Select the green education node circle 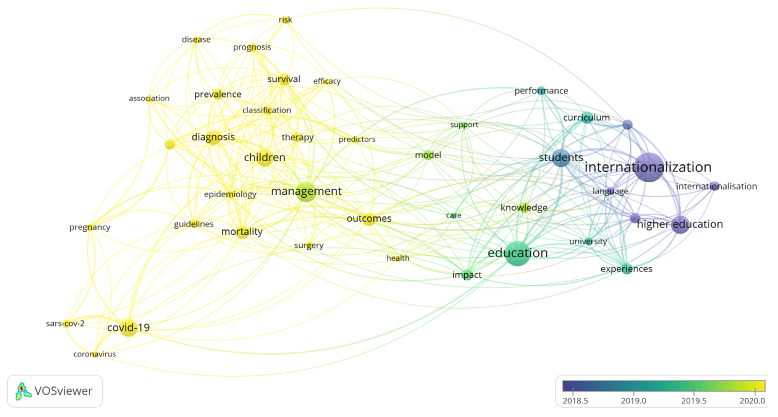click(518, 253)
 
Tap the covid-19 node click(129, 328)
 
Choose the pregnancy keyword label click(90, 227)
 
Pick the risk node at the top click(285, 20)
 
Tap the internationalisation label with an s click(716, 186)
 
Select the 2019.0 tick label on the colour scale click(633, 401)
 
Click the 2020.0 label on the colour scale click(752, 401)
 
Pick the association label click(149, 98)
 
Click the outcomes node click(369, 219)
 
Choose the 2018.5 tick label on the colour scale click(575, 401)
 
